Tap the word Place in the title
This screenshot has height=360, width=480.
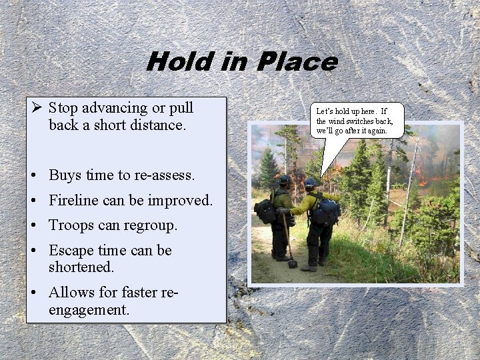coord(301,62)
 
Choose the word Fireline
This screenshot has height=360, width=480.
coord(75,200)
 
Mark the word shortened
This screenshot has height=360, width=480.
coord(81,267)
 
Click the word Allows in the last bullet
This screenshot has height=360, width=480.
coord(70,292)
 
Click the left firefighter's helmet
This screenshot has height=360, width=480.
coord(285,179)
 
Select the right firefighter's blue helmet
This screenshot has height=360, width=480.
coord(311,182)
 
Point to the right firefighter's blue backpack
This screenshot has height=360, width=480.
coord(327,212)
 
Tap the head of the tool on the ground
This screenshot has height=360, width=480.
coord(293,263)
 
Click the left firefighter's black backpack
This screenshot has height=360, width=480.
coord(265,211)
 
